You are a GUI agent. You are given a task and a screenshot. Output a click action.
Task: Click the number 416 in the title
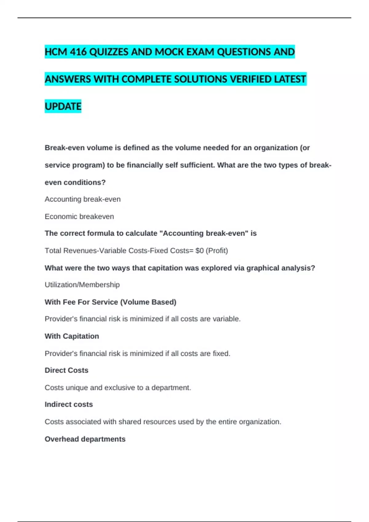pyautogui.click(x=78, y=52)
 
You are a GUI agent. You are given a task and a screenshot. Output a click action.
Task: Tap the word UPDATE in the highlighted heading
pyautogui.click(x=63, y=107)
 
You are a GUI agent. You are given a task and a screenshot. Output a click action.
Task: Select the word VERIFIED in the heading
pyautogui.click(x=251, y=79)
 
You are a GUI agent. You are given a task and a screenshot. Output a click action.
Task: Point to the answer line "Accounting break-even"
pyautogui.click(x=82, y=199)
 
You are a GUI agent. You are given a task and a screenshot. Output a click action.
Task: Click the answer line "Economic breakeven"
pyautogui.click(x=79, y=216)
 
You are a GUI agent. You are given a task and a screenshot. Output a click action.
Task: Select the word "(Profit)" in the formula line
pyautogui.click(x=217, y=251)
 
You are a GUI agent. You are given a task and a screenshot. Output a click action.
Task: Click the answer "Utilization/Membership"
pyautogui.click(x=82, y=285)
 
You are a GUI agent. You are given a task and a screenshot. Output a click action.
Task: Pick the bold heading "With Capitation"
pyautogui.click(x=72, y=336)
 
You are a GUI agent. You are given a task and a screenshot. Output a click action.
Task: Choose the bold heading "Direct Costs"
pyautogui.click(x=66, y=370)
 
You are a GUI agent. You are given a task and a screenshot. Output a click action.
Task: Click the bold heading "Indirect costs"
pyautogui.click(x=69, y=404)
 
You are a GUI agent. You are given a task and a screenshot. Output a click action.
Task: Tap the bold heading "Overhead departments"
pyautogui.click(x=85, y=439)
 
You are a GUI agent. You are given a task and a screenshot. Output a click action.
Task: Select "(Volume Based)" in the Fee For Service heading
pyautogui.click(x=148, y=302)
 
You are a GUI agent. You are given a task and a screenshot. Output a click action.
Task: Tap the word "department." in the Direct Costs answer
pyautogui.click(x=171, y=388)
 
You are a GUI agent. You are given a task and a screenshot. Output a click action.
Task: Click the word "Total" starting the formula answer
pyautogui.click(x=53, y=251)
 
